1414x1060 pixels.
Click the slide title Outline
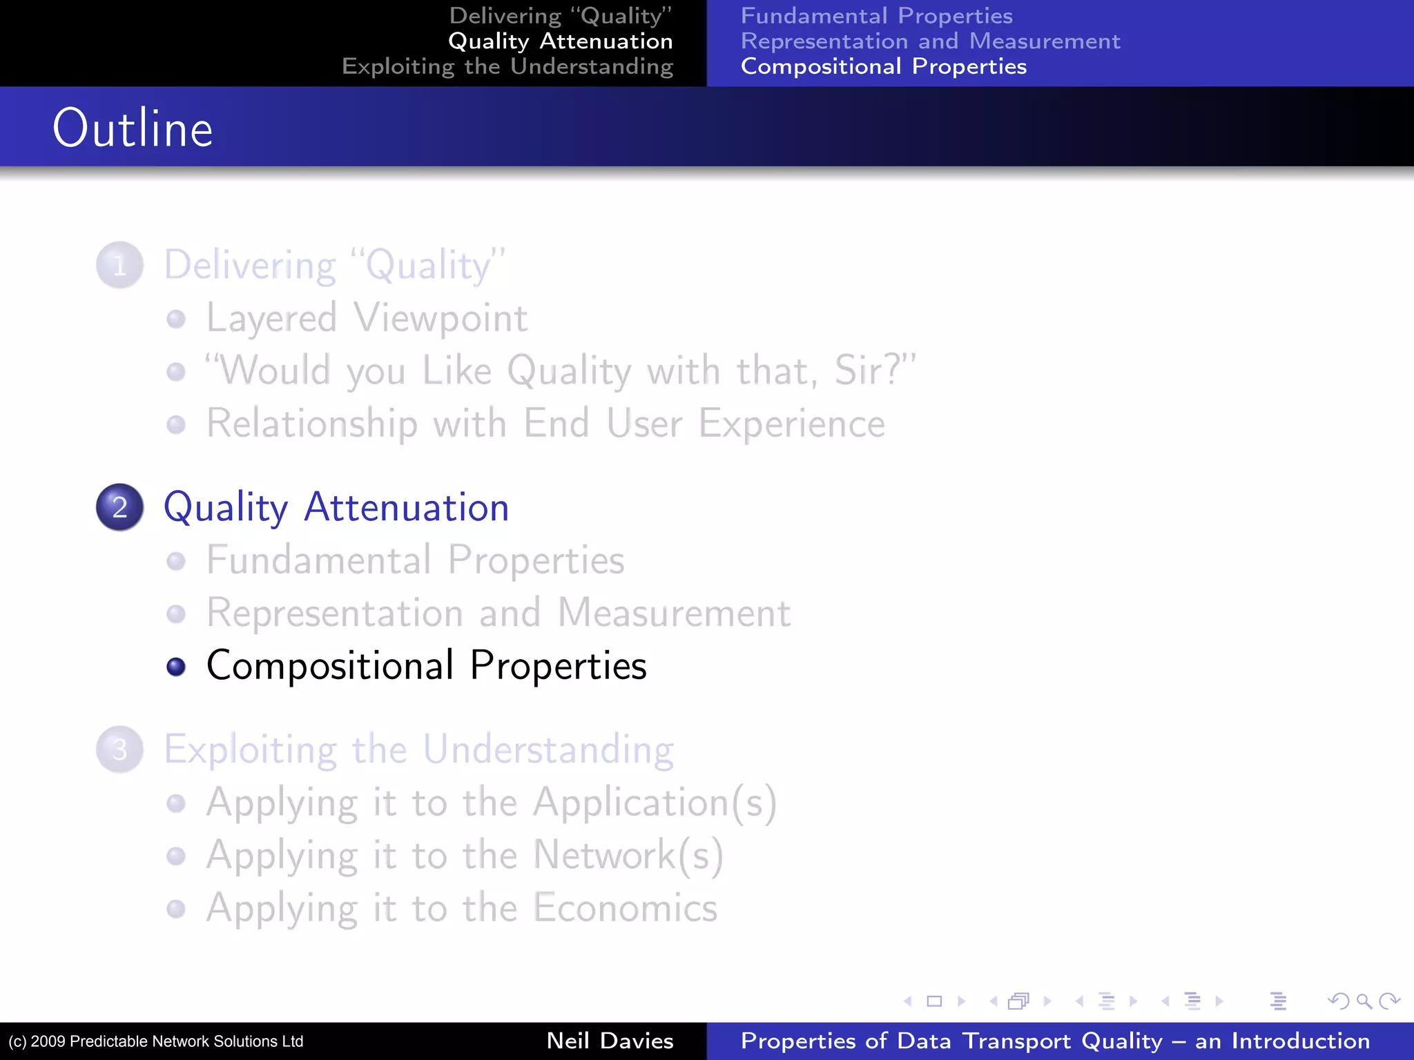tap(133, 129)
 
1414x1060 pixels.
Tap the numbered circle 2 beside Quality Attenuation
tap(119, 507)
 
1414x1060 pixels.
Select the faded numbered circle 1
tap(119, 265)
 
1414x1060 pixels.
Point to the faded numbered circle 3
tap(119, 749)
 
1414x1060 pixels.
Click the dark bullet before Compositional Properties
tap(176, 667)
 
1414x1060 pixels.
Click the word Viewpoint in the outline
tap(440, 319)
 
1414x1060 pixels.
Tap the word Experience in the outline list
tap(791, 423)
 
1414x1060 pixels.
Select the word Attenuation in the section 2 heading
tap(406, 507)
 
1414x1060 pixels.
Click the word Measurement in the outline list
tap(674, 613)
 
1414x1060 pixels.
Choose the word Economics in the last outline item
tap(626, 907)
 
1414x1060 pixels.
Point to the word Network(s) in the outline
tap(628, 855)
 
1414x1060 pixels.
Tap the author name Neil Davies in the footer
tap(610, 1041)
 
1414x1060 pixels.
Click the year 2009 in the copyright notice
tap(48, 1041)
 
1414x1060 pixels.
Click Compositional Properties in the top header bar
tap(883, 66)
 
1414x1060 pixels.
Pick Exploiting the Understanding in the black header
tap(507, 66)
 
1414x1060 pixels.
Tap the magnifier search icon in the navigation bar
tap(1363, 1001)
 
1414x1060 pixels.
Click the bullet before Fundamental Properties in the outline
tap(176, 561)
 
